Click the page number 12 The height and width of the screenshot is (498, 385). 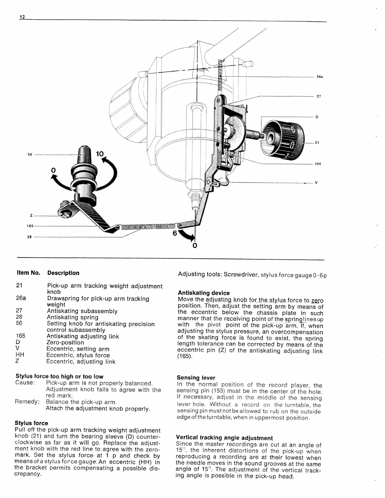point(22,17)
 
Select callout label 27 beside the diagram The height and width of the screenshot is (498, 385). point(319,96)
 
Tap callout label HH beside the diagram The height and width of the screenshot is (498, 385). point(318,164)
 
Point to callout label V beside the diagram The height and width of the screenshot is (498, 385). point(316,183)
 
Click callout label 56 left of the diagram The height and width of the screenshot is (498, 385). point(30,155)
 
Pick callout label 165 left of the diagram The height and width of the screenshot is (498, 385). point(30,226)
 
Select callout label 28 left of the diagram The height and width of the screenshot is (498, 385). point(29,237)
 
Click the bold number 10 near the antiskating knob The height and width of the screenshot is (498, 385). point(100,154)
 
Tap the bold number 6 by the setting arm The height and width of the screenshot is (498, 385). point(175,234)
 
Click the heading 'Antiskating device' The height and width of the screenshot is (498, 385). point(204,293)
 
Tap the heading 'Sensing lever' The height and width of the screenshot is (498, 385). point(196,378)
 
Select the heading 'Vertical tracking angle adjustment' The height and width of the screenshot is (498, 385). point(224,438)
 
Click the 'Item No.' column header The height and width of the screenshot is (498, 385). point(28,273)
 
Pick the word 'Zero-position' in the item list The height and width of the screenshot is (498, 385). point(65,342)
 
